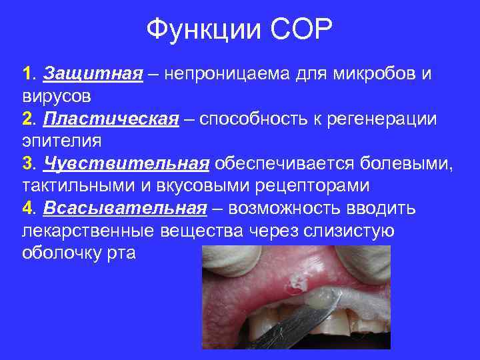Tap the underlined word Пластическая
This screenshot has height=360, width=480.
111,119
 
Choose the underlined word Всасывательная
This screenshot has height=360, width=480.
125,209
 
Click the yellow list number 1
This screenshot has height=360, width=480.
27,73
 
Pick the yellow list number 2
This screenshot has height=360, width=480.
28,119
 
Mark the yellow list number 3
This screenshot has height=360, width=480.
28,164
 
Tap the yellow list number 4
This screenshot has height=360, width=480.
28,209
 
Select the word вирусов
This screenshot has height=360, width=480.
57,96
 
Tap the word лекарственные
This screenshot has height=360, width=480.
89,231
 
